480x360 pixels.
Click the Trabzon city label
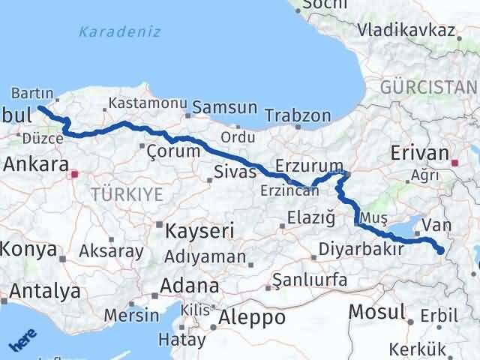(298, 117)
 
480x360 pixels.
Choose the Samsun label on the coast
(224, 108)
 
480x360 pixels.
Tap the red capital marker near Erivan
(455, 161)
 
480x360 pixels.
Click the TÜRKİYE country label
(127, 195)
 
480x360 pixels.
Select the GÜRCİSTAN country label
(428, 86)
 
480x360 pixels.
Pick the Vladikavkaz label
(406, 31)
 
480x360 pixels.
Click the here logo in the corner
(22, 342)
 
